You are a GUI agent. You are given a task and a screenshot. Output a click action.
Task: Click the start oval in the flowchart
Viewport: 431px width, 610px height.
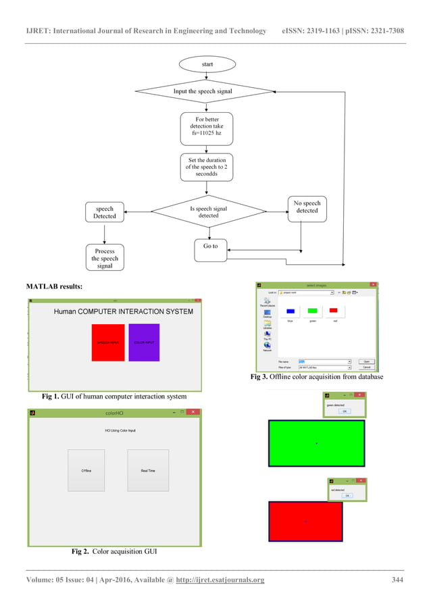pyautogui.click(x=207, y=64)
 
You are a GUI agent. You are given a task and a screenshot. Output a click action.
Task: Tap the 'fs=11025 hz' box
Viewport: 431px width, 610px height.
pyautogui.click(x=207, y=129)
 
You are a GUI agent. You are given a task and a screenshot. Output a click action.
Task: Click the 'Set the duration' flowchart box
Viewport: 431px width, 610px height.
pyautogui.click(x=207, y=167)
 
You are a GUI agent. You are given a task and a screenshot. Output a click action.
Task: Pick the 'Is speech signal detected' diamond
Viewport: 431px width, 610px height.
pyautogui.click(x=208, y=212)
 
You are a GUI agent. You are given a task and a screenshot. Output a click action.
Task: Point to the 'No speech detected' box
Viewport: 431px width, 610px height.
pyautogui.click(x=307, y=207)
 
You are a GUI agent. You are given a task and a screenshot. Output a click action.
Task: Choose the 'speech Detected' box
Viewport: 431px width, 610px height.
pyautogui.click(x=105, y=212)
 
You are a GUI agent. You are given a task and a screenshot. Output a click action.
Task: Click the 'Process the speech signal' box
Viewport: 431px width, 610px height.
pyautogui.click(x=105, y=258)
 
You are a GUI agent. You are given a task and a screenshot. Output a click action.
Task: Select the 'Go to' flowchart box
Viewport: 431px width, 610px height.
pyautogui.click(x=211, y=247)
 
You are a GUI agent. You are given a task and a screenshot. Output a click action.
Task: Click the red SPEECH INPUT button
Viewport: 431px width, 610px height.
pyautogui.click(x=108, y=342)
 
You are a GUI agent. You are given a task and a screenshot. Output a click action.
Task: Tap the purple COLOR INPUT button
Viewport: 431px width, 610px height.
pyautogui.click(x=144, y=342)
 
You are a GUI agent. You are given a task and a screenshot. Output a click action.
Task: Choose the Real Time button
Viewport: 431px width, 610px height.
pyautogui.click(x=148, y=470)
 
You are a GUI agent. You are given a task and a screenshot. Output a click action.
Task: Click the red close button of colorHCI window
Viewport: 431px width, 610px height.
pyautogui.click(x=192, y=411)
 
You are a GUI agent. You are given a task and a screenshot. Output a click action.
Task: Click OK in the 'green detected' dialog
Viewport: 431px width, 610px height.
pyautogui.click(x=344, y=411)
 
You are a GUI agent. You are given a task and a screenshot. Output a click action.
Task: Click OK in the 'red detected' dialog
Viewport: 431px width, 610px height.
pyautogui.click(x=347, y=495)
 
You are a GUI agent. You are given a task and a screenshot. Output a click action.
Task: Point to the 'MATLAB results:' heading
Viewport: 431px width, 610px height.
pyautogui.click(x=55, y=287)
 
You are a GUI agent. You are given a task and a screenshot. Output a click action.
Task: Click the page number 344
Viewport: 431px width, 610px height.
pyautogui.click(x=398, y=580)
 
